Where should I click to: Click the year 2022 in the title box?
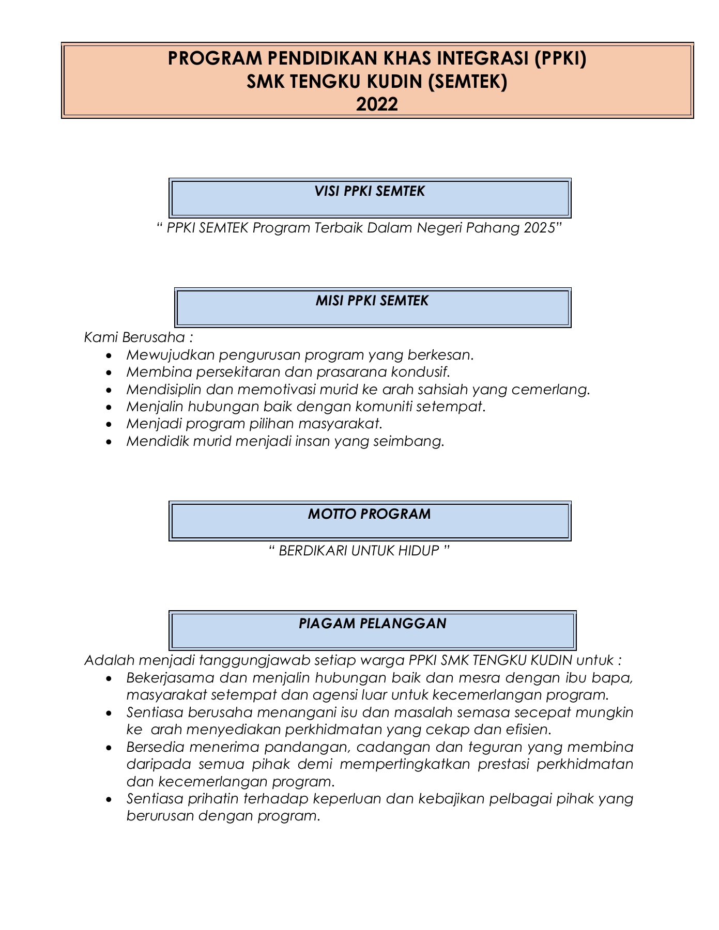377,105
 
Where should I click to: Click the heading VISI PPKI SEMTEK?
370,192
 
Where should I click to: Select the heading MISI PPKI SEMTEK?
372,301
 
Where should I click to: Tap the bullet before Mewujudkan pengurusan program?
108,355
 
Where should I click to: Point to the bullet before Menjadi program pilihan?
108,425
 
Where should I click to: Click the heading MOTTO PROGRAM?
369,514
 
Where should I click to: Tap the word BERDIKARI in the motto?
313,551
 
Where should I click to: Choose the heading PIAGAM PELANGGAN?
372,624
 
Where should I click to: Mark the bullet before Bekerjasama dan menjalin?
108,678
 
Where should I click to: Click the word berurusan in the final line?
160,816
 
